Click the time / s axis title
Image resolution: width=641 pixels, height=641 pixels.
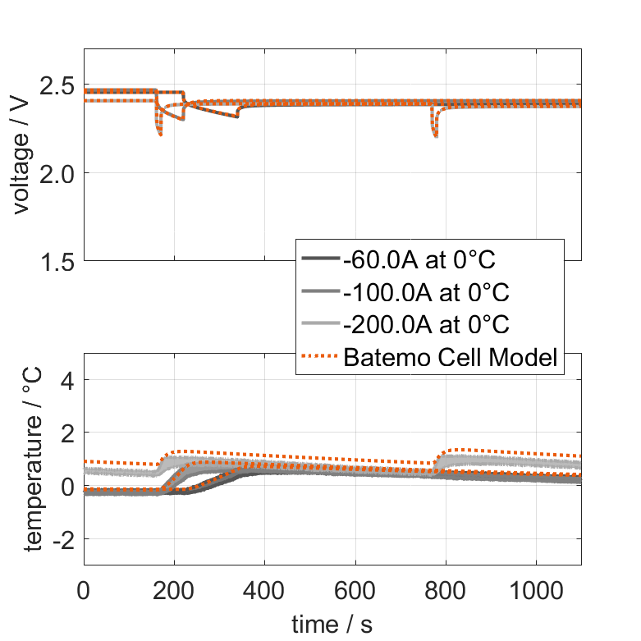[332, 625]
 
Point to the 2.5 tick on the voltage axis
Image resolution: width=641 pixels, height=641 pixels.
[58, 85]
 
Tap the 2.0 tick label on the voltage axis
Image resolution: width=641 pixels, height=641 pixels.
[58, 173]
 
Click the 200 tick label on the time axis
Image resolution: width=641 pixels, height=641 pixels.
[174, 593]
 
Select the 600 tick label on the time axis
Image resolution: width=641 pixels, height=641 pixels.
[355, 593]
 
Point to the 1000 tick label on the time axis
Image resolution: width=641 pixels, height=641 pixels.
[536, 593]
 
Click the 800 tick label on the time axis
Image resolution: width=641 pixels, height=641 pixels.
[446, 593]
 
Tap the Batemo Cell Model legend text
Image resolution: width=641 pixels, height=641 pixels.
[452, 357]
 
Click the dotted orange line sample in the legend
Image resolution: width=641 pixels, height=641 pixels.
[321, 357]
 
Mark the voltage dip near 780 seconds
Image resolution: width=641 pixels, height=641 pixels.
[435, 131]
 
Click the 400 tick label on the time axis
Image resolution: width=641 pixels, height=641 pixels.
[264, 593]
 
